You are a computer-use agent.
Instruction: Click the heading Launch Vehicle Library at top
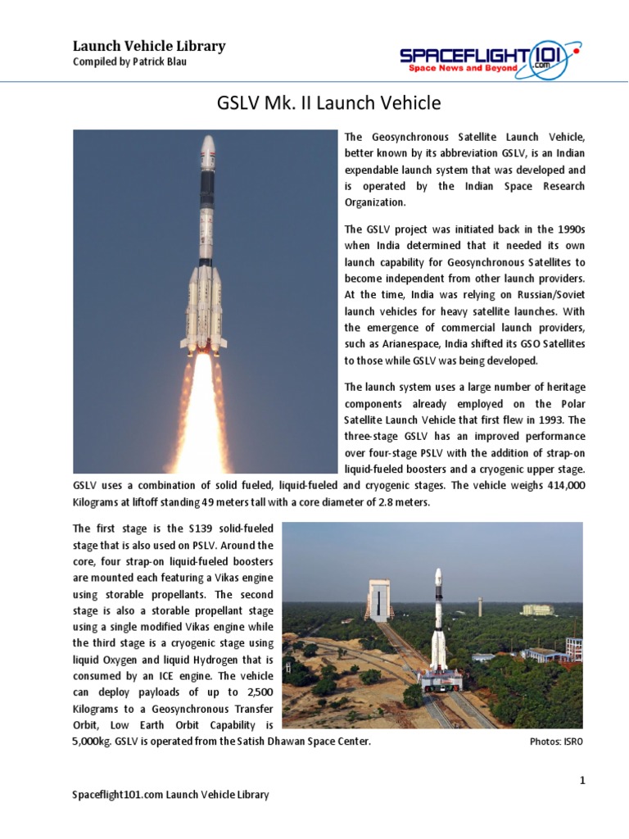(149, 46)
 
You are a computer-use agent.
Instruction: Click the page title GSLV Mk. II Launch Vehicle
(328, 104)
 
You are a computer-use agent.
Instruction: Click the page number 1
(582, 781)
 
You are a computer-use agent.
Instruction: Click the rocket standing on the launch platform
(439, 623)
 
